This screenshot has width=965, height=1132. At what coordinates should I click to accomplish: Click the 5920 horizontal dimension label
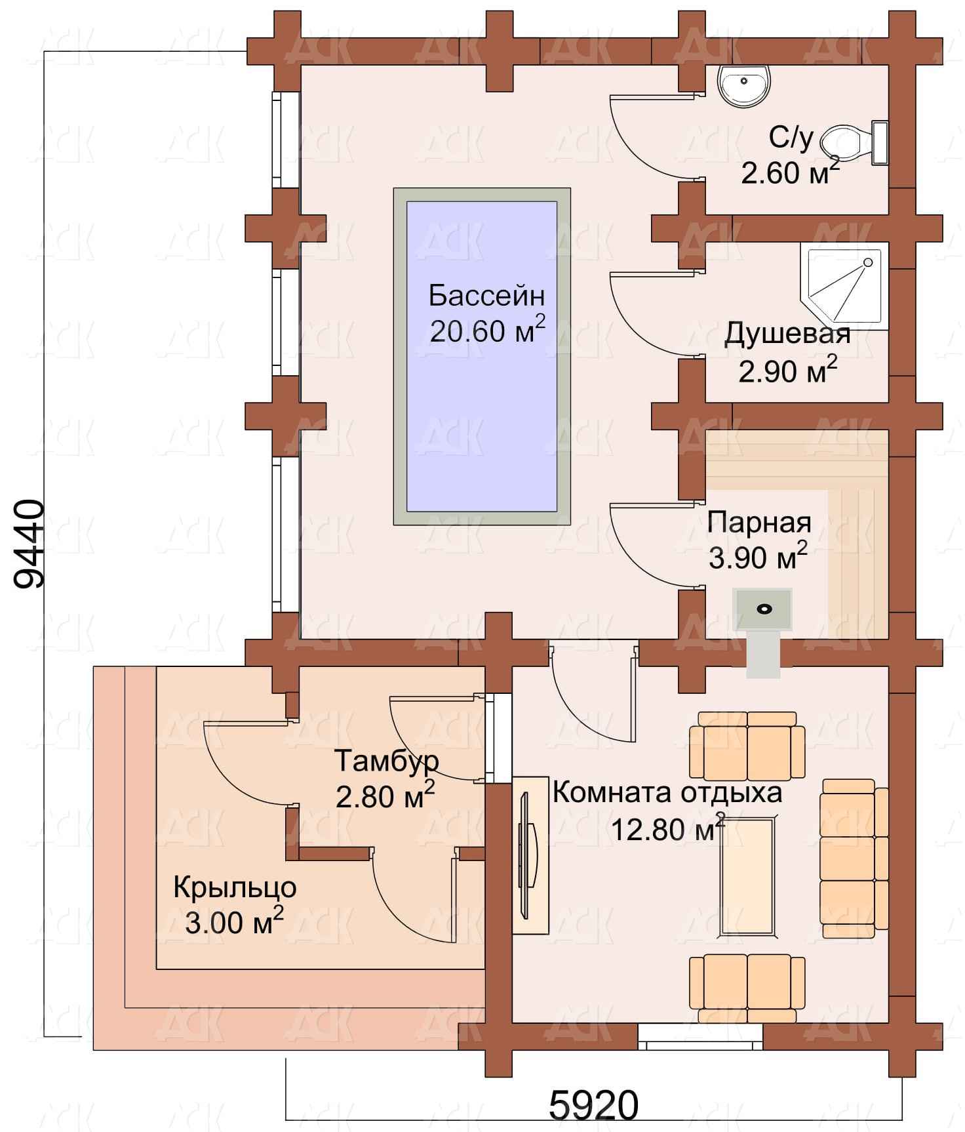[593, 1106]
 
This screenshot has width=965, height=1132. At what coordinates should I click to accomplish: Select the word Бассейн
[486, 296]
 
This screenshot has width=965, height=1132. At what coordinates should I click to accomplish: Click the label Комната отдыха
[667, 793]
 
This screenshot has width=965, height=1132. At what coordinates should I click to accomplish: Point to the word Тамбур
[387, 761]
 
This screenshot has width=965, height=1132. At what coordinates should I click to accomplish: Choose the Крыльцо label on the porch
[235, 888]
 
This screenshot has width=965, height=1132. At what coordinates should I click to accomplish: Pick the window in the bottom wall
[700, 1037]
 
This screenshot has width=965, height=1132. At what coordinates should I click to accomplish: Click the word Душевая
[787, 334]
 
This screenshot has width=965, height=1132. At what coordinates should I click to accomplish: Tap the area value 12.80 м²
[668, 828]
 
